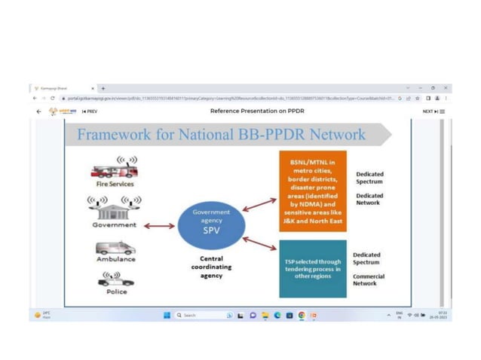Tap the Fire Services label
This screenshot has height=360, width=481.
(115, 184)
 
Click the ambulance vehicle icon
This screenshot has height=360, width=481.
(115, 249)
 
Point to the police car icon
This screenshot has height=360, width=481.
(115, 280)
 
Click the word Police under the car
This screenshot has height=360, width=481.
(116, 291)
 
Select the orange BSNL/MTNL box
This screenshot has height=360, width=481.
(312, 190)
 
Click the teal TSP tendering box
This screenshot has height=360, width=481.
(312, 268)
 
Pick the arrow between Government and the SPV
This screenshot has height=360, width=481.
(159, 225)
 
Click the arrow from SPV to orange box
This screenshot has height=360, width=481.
(259, 203)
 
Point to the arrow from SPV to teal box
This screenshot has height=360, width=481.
(259, 243)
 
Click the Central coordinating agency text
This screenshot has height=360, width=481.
(211, 267)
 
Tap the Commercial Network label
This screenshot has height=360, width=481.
(368, 279)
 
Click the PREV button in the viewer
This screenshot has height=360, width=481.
(90, 111)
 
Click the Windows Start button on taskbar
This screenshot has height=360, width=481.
(167, 316)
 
